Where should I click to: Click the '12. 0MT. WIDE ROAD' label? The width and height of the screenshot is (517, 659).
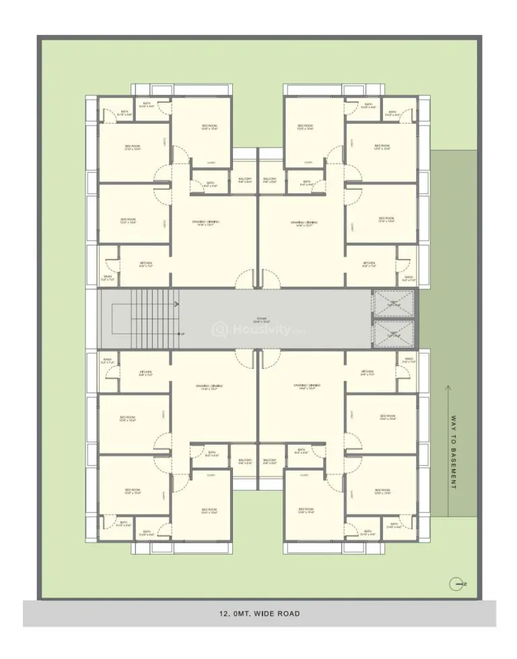click(259, 613)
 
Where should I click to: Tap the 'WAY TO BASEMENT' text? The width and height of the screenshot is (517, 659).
click(453, 462)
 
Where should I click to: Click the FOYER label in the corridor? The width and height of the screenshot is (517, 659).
click(261, 320)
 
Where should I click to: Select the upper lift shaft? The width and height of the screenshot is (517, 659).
click(394, 304)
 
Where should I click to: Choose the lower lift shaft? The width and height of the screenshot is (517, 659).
click(394, 333)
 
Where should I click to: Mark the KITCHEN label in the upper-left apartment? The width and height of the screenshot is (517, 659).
click(145, 264)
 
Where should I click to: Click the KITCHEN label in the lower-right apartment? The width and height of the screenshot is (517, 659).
click(368, 372)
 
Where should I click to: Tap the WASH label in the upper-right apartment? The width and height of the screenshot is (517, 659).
click(409, 277)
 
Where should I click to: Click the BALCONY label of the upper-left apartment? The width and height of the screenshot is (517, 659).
click(245, 180)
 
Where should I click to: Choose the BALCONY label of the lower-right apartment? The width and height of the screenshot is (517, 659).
click(270, 462)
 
